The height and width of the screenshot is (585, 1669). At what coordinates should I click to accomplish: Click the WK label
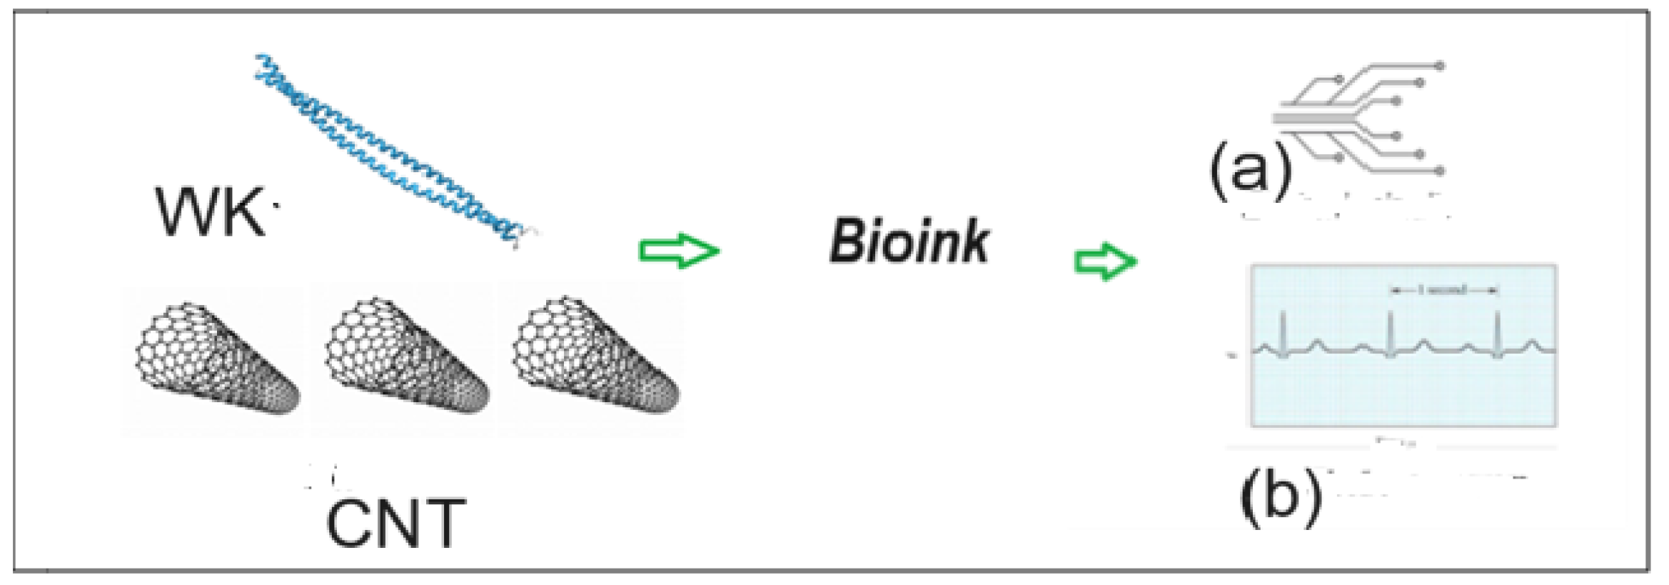coord(210,212)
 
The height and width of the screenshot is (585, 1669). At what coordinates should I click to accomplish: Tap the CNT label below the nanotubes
coord(395,524)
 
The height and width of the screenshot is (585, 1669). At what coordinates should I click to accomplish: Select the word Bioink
coord(908,243)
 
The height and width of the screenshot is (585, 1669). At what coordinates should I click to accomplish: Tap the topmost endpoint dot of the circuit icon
coord(1440,66)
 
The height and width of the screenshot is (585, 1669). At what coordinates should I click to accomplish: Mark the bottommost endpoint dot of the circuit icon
coord(1440,171)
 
